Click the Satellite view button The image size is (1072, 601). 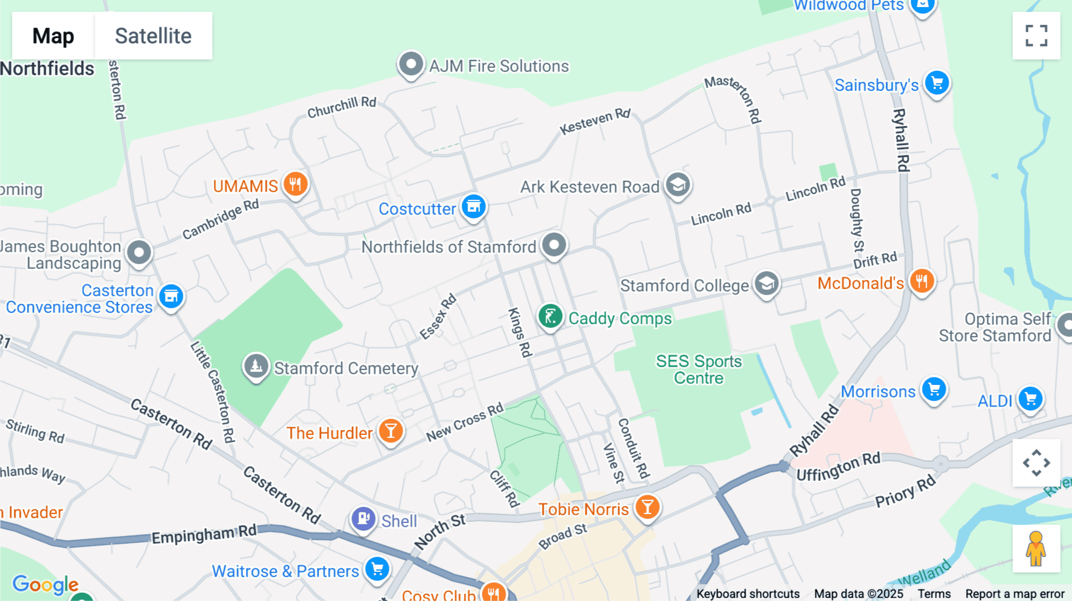point(153,36)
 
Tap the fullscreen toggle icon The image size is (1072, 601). point(1036,36)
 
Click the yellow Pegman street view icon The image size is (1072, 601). point(1036,549)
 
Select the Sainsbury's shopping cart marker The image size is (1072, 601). point(937,83)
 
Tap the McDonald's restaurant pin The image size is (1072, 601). point(921,281)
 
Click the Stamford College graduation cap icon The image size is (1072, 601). point(766,284)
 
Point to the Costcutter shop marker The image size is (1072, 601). point(473,207)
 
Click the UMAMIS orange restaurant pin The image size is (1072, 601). point(295,184)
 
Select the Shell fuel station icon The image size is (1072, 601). point(363,519)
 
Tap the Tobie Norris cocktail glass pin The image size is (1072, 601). point(647,507)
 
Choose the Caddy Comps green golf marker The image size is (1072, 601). point(550,317)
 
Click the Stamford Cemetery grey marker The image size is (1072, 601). point(256,366)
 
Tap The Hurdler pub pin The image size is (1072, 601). point(391,431)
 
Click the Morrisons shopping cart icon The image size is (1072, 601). point(934,390)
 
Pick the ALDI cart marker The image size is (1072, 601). point(1030,399)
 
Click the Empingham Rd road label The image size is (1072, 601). point(204,534)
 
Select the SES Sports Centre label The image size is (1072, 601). point(699,370)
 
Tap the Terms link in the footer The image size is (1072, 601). point(934,594)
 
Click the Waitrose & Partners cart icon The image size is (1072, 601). point(377,569)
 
